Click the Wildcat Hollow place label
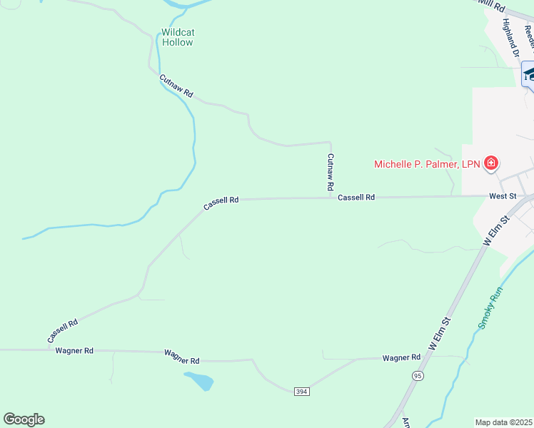pyautogui.click(x=177, y=37)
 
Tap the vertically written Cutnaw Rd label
pyautogui.click(x=331, y=171)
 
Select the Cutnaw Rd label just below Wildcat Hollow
pyautogui.click(x=176, y=86)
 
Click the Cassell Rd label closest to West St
pyautogui.click(x=356, y=198)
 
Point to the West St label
pyautogui.click(x=503, y=195)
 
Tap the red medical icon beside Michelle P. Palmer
pyautogui.click(x=490, y=164)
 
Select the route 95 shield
pyautogui.click(x=418, y=375)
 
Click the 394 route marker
pyautogui.click(x=301, y=390)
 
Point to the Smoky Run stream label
pyautogui.click(x=491, y=307)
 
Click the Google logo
pyautogui.click(x=24, y=419)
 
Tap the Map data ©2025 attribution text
pyautogui.click(x=504, y=422)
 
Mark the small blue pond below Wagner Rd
pyautogui.click(x=199, y=380)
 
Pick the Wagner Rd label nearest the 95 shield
pyautogui.click(x=401, y=357)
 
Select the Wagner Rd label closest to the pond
pyautogui.click(x=181, y=357)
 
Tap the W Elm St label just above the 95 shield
pyautogui.click(x=441, y=333)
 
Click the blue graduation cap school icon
pyautogui.click(x=530, y=73)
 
